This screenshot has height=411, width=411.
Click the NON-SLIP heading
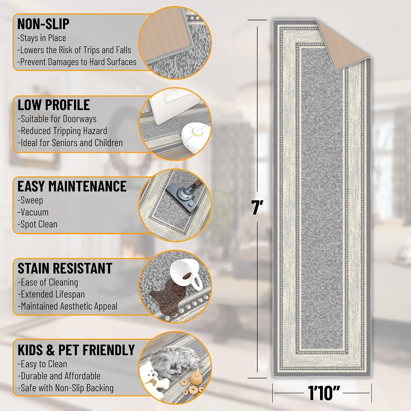[43, 24]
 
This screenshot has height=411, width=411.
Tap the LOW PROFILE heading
[54, 105]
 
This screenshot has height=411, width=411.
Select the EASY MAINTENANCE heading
[72, 186]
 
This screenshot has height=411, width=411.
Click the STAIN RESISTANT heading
[65, 268]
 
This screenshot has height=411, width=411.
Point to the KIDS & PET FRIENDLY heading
[76, 350]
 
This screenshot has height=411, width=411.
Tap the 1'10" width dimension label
[324, 393]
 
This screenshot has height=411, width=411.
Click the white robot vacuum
[196, 136]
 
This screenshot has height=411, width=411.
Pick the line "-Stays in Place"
[42, 38]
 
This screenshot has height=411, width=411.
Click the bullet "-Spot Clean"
[38, 224]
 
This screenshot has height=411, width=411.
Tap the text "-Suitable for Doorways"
[57, 119]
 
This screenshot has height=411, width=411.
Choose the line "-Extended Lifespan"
[51, 294]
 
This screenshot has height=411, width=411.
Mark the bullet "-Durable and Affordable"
[59, 376]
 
